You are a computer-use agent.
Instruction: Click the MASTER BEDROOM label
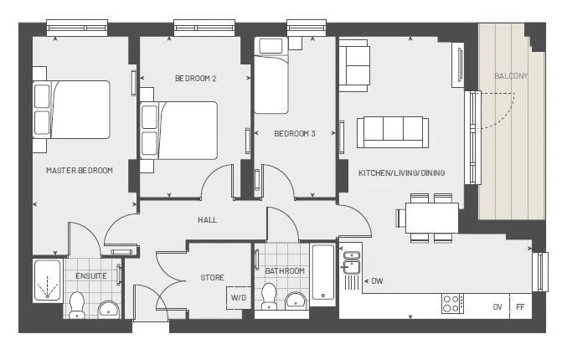[80, 170]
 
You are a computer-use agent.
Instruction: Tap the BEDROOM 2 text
[196, 79]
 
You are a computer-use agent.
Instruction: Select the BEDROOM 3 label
[295, 134]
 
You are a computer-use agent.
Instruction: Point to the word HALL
[208, 219]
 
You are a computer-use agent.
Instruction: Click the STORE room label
[212, 278]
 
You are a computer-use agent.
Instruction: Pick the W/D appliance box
[239, 298]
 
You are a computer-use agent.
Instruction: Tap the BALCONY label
[511, 76]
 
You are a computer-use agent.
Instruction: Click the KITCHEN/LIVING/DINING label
[402, 173]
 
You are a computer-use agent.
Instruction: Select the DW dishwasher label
[377, 280]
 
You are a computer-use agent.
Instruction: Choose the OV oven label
[497, 307]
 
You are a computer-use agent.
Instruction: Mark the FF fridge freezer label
[520, 307]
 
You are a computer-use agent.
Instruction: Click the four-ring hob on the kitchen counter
[452, 304]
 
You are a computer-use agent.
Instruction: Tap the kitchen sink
[351, 264]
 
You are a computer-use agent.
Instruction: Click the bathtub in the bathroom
[323, 273]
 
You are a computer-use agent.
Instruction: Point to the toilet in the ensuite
[76, 306]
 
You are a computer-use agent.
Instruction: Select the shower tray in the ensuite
[48, 280]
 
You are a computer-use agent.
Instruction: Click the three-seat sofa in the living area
[393, 132]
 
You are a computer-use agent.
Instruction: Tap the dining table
[432, 218]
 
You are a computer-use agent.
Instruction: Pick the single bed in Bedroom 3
[271, 76]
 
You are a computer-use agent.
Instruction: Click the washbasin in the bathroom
[296, 301]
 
